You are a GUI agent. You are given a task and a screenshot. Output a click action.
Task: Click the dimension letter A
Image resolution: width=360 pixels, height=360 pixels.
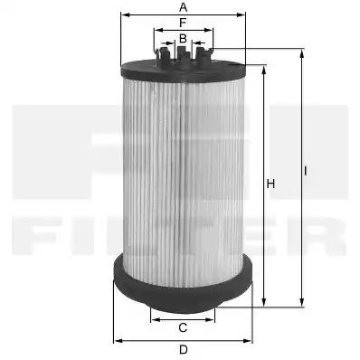point(183,7)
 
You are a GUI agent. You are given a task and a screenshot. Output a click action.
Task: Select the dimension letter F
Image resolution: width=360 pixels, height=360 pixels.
point(183,23)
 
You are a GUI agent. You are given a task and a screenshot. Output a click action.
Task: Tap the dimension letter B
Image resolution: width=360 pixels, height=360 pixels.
point(183,39)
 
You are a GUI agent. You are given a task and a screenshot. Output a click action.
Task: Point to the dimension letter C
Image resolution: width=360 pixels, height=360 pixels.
point(183,327)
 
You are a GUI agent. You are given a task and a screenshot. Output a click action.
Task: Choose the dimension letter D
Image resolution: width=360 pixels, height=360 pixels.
point(184,350)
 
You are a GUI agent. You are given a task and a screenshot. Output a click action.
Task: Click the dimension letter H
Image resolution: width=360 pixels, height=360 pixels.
point(270,184)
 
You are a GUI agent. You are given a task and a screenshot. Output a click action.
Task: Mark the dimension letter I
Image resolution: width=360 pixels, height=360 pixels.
point(305,171)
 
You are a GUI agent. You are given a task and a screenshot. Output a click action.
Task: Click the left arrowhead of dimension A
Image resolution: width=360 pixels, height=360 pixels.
point(125,14)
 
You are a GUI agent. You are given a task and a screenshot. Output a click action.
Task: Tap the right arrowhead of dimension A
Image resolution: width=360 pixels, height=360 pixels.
point(242,14)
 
